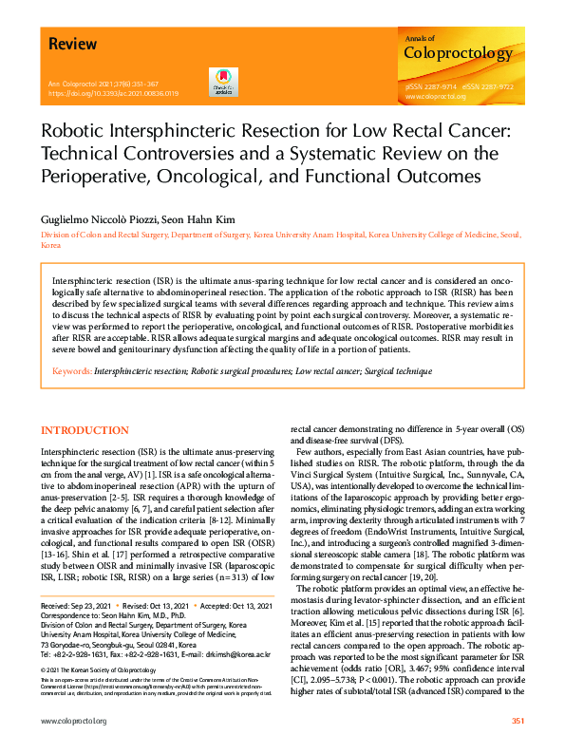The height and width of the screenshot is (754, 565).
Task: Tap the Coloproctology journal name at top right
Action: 458,53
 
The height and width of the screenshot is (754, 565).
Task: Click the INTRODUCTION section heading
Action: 85,430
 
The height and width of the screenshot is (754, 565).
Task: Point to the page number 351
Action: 518,722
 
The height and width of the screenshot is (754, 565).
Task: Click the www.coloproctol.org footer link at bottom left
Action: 73,722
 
